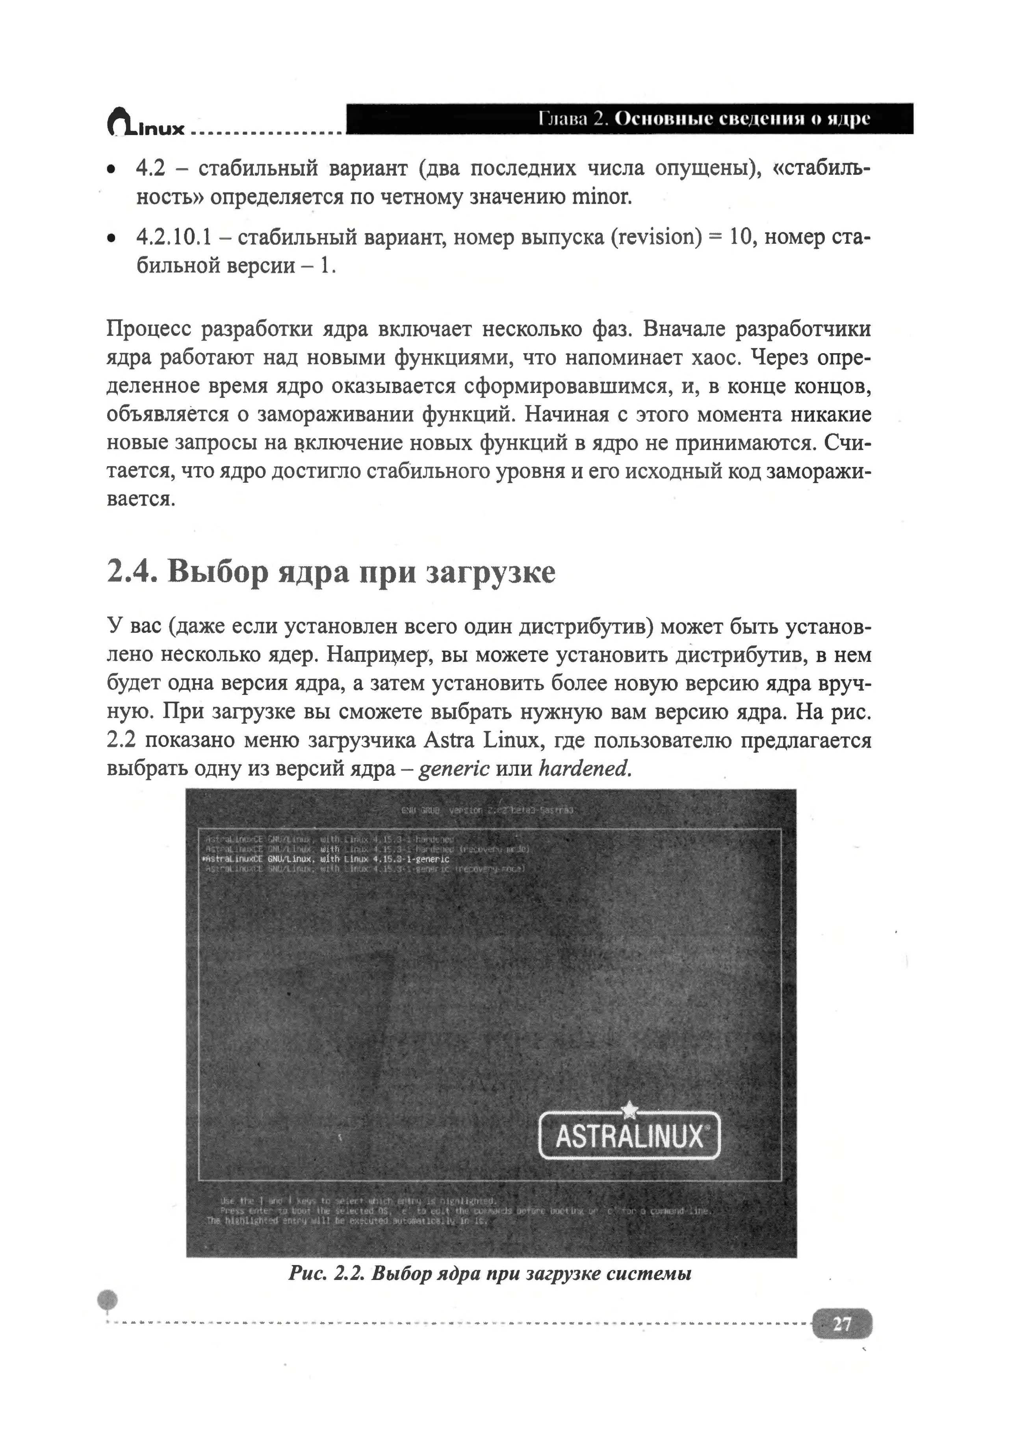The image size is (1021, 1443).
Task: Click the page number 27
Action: click(x=841, y=1325)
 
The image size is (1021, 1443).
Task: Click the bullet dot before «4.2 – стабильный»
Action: click(x=111, y=170)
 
